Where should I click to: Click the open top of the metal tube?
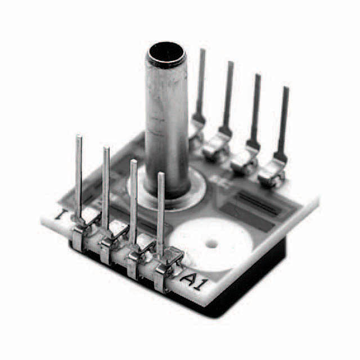(166, 55)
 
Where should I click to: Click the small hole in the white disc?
(212, 244)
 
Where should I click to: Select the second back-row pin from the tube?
(229, 96)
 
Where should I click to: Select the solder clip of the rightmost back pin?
(272, 172)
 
